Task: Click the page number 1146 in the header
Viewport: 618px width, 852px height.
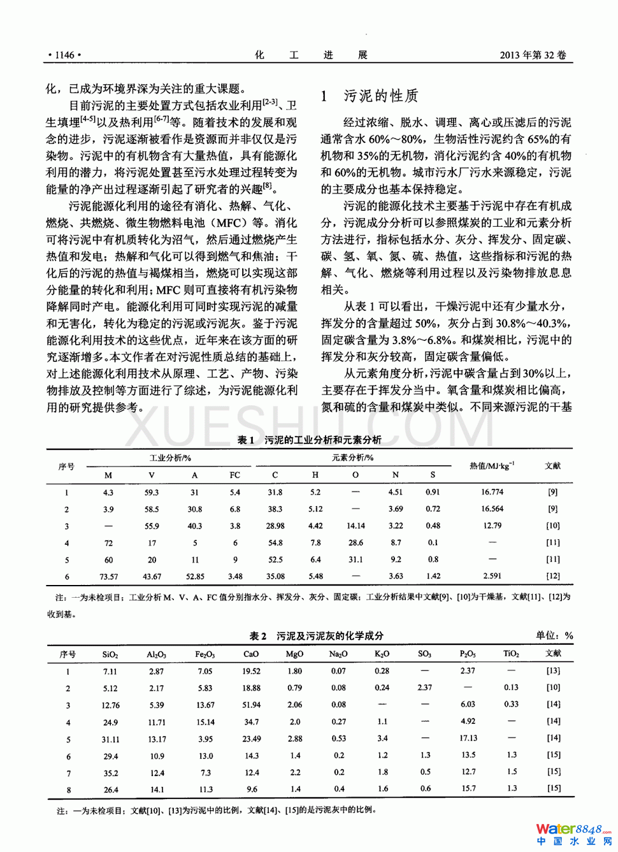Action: point(64,55)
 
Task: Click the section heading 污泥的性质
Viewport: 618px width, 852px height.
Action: point(381,96)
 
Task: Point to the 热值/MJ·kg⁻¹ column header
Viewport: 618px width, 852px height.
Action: point(492,466)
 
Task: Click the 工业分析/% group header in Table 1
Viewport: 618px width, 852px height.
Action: point(170,458)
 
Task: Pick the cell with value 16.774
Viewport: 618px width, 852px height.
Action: point(492,492)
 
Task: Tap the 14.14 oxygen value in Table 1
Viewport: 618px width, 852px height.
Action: point(356,526)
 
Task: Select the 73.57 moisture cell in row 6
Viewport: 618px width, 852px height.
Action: point(108,576)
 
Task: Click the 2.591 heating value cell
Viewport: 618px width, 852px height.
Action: point(492,575)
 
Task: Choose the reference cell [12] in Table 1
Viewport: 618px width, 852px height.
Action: point(552,575)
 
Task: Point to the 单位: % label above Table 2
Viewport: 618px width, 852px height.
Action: point(554,635)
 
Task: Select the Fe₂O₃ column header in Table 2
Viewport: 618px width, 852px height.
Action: point(205,654)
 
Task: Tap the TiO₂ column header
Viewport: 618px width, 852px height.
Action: point(511,654)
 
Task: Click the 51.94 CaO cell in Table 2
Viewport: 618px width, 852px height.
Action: point(251,705)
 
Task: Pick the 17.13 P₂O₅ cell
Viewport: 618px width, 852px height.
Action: point(468,738)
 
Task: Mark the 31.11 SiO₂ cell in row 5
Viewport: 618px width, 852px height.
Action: point(110,739)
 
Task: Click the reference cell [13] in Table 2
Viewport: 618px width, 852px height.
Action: point(553,670)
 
